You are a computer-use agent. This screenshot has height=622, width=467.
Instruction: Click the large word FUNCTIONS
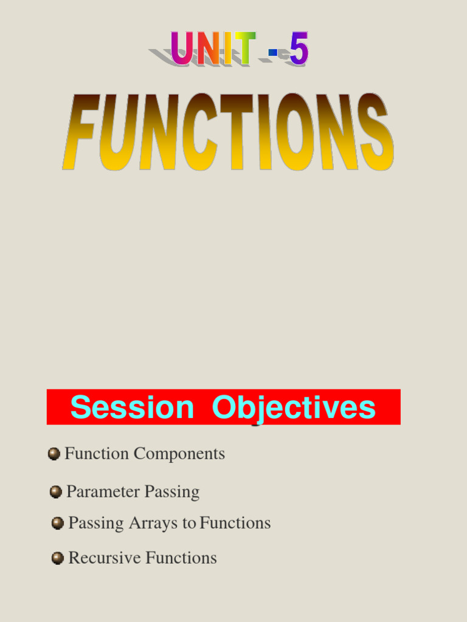[x=228, y=132]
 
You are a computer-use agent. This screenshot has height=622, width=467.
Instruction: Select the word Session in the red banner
[x=131, y=407]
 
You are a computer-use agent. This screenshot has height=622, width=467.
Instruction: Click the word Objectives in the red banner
[x=294, y=407]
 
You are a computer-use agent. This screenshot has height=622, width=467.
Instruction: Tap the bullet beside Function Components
[x=54, y=454]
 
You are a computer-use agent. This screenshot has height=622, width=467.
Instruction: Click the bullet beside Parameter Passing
[x=56, y=491]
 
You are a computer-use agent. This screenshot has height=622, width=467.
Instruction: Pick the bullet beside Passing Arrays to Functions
[x=58, y=523]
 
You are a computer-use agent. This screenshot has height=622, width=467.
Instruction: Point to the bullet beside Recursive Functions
[x=58, y=558]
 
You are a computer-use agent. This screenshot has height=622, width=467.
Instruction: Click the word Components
[x=179, y=454]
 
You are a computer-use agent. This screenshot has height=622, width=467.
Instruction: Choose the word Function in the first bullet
[x=97, y=454]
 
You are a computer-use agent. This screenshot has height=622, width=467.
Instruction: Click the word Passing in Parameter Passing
[x=172, y=491]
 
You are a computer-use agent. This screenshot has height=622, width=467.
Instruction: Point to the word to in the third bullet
[x=189, y=523]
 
